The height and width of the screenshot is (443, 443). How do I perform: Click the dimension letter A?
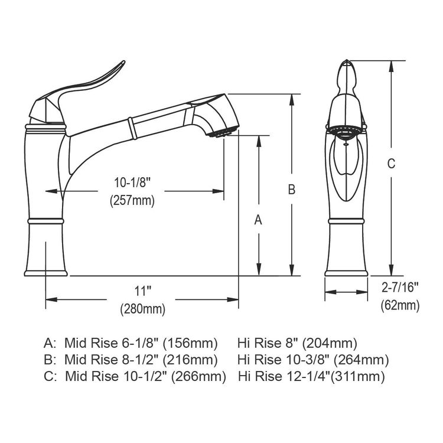click(258, 220)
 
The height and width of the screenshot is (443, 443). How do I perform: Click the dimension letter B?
click(291, 190)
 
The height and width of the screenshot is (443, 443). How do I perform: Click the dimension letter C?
click(390, 164)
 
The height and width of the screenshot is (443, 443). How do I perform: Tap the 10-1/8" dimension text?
click(132, 183)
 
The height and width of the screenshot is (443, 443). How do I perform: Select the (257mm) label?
click(132, 200)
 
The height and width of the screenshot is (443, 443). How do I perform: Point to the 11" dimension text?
click(142, 291)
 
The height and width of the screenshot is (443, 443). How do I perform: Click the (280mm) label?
click(142, 308)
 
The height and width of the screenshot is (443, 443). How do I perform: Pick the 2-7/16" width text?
click(399, 288)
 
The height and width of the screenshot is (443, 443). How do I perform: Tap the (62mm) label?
click(399, 305)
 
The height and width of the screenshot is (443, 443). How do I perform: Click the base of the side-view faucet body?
click(47, 260)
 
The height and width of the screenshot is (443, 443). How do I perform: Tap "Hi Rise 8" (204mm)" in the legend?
click(297, 343)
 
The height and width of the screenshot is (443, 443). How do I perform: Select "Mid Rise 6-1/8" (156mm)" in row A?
click(141, 343)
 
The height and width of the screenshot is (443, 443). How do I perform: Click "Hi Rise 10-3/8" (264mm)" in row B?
click(312, 359)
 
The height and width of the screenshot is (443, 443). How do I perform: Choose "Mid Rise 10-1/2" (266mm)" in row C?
click(145, 376)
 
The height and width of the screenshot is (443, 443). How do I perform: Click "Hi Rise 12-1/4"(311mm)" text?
click(311, 376)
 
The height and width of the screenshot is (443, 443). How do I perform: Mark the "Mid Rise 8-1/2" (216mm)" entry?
click(141, 359)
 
